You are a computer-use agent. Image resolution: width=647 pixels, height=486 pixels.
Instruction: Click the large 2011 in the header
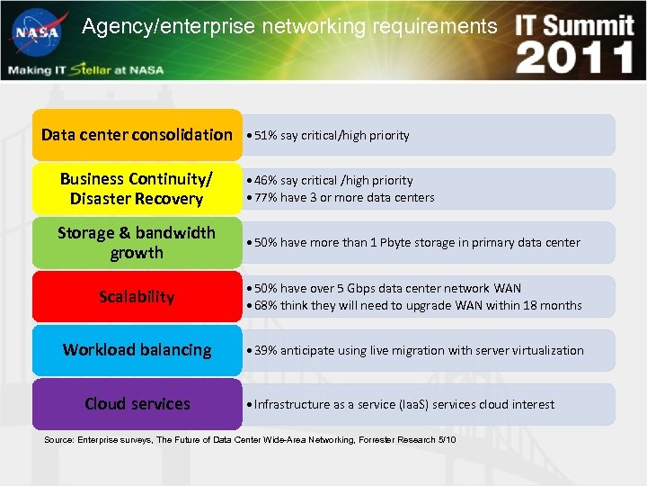click(575, 58)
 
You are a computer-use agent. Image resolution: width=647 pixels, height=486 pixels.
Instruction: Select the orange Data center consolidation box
click(137, 135)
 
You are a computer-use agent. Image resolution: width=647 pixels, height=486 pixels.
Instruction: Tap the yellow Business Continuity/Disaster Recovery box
click(137, 188)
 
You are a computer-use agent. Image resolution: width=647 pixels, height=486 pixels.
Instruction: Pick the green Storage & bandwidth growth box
click(137, 242)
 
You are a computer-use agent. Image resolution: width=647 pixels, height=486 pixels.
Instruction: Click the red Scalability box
click(137, 296)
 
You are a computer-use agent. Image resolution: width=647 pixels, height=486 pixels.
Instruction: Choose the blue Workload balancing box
click(137, 350)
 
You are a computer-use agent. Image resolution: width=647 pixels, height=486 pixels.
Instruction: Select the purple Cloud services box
click(137, 404)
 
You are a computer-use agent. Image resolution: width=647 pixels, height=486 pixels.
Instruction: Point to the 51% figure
click(266, 136)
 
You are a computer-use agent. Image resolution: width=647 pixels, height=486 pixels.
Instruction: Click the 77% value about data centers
click(266, 198)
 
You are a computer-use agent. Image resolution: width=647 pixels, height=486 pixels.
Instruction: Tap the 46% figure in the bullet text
click(266, 181)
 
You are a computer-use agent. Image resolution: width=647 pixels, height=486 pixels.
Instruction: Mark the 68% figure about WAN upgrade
click(266, 306)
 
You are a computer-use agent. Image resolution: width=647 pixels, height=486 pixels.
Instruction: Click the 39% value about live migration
click(266, 351)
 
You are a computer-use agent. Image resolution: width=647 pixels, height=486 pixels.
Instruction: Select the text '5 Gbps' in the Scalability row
click(360, 289)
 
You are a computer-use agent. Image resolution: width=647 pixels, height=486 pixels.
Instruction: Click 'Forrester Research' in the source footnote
click(395, 439)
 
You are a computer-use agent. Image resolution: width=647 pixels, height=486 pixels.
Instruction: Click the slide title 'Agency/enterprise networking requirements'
click(289, 27)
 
